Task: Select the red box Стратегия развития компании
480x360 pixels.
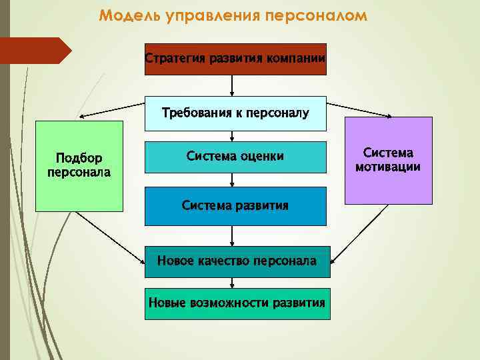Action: click(x=235, y=59)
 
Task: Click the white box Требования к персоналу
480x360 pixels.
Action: click(x=235, y=113)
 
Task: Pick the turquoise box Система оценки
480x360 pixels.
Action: click(x=235, y=157)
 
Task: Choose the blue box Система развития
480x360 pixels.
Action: click(x=235, y=205)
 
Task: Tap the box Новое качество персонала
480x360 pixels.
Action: click(x=237, y=261)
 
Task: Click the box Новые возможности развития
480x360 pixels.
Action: click(x=237, y=303)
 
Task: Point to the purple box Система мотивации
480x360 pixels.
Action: click(x=388, y=160)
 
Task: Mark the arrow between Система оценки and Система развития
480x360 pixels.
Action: click(x=232, y=179)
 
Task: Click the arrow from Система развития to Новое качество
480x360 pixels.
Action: click(x=232, y=235)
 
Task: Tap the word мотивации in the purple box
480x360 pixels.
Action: click(x=388, y=167)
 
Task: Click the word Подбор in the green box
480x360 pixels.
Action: click(x=79, y=159)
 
